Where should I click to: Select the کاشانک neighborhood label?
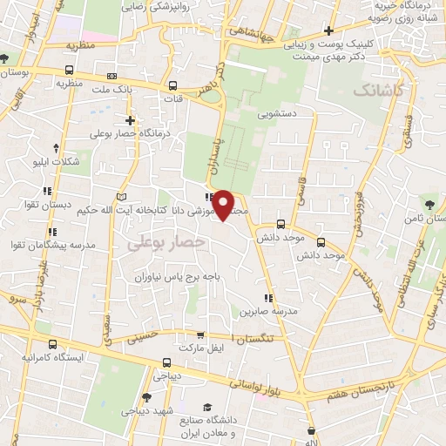pyautogui.click(x=379, y=90)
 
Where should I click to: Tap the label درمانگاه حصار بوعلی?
pyautogui.click(x=130, y=135)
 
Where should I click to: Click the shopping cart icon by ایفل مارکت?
pyautogui.click(x=201, y=334)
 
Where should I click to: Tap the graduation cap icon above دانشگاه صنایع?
pyautogui.click(x=207, y=408)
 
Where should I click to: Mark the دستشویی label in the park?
pyautogui.click(x=278, y=113)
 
